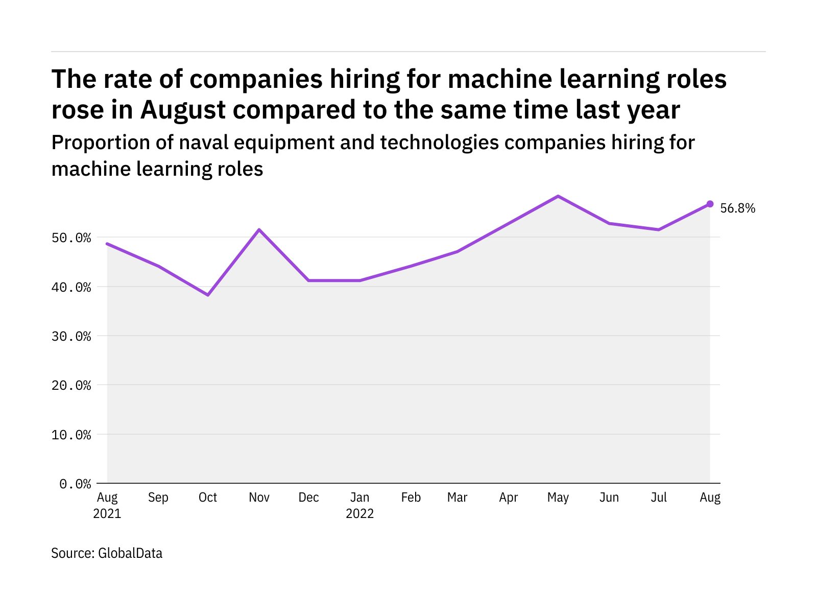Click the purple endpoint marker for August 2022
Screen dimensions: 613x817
click(710, 204)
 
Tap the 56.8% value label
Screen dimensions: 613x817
click(737, 208)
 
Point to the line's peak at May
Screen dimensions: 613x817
click(558, 196)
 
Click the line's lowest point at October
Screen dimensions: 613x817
click(208, 295)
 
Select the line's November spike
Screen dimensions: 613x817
click(259, 230)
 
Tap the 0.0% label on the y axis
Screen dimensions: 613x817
click(75, 484)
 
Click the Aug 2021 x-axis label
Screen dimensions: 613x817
click(107, 505)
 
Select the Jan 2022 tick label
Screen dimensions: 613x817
click(360, 505)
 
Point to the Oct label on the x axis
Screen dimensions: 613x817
click(208, 498)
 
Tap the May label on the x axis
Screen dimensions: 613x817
click(558, 498)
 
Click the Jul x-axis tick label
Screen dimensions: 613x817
click(659, 498)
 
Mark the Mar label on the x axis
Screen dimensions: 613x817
click(457, 498)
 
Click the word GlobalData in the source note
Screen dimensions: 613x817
click(130, 553)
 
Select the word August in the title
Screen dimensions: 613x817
click(183, 110)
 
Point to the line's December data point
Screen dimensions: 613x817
click(309, 280)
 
